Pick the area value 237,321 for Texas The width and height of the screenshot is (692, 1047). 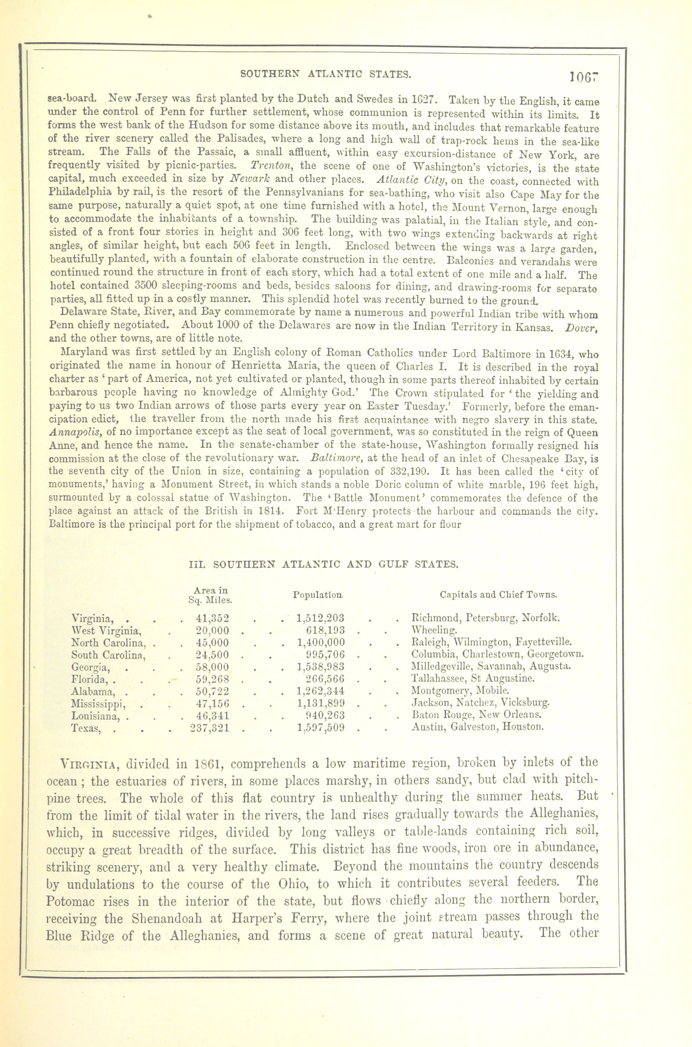210,728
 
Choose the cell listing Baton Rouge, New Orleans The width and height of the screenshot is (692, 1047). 476,715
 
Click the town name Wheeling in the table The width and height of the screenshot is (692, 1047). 434,631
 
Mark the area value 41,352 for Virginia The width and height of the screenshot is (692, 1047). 212,618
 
